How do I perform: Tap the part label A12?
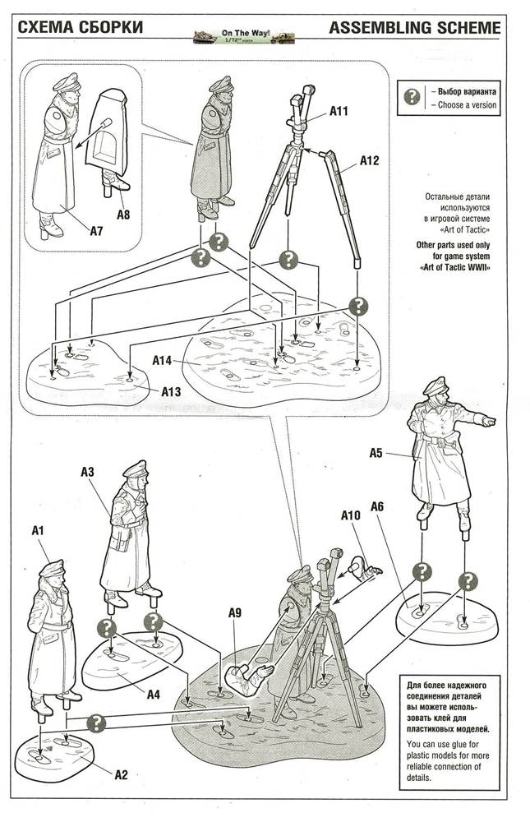(369, 161)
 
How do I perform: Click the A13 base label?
(170, 392)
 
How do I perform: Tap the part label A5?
(376, 453)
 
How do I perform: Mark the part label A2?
(120, 774)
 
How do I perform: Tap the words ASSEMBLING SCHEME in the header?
(414, 29)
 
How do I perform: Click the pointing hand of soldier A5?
(488, 421)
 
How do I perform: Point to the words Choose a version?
(467, 105)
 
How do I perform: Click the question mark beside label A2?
(98, 723)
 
